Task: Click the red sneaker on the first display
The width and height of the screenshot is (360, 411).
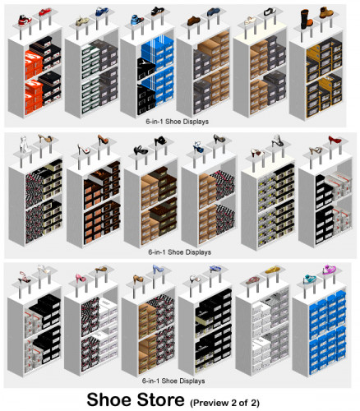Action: pos(45,12)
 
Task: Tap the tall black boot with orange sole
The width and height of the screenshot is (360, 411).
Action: pos(306,20)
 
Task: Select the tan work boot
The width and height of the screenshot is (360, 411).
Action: pos(326,12)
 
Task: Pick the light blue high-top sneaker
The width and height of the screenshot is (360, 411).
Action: pos(137,20)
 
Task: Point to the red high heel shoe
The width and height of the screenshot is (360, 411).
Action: pos(335,140)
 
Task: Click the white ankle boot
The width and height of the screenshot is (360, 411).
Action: pos(24,143)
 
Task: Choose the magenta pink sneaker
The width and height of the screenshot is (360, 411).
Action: pos(329,270)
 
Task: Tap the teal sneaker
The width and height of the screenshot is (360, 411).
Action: pos(310,279)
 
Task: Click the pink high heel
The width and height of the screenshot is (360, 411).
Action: pos(81,278)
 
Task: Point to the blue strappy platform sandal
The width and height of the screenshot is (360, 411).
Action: pos(198,147)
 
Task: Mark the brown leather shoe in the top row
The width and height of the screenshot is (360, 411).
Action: pos(194,21)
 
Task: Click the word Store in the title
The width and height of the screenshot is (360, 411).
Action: pos(160,399)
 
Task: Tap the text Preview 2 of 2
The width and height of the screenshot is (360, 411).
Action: pos(224,403)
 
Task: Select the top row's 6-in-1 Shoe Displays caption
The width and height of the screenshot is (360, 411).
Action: pos(177,122)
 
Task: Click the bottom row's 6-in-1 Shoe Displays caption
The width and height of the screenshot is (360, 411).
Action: pos(173,381)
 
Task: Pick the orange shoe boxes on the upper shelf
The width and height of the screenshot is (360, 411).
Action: pos(34,64)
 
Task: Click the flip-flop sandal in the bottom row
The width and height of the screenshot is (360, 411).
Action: pos(252,280)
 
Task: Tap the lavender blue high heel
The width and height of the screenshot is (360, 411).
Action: pos(158,269)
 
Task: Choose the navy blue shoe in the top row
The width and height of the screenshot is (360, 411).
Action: pos(214,12)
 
